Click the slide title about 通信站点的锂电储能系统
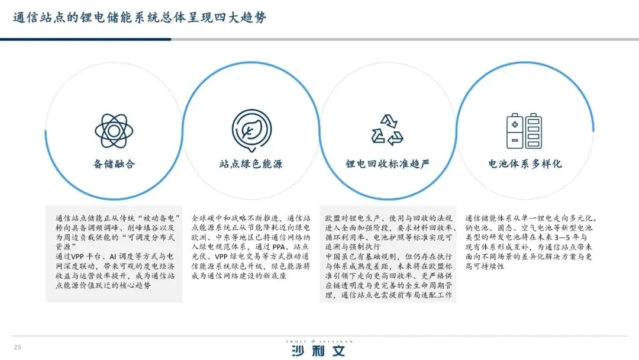[x=140, y=18]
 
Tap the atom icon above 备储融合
[x=114, y=130]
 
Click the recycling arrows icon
[x=387, y=130]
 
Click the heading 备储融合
[x=114, y=164]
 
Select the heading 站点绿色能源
[x=251, y=164]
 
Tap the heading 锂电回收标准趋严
[x=387, y=164]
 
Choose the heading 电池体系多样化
[x=524, y=164]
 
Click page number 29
[x=17, y=346]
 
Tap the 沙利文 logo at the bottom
[x=318, y=351]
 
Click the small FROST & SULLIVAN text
[x=318, y=341]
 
